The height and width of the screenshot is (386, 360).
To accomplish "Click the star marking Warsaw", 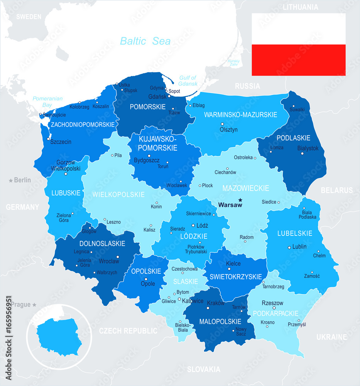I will click(x=240, y=200).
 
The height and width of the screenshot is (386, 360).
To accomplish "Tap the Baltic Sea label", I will click(x=145, y=41).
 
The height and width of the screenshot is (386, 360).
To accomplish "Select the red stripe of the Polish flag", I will click(x=298, y=60).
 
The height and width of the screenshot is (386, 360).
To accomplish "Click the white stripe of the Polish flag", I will click(x=298, y=29).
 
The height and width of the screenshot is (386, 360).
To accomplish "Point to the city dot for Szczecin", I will click(x=48, y=139).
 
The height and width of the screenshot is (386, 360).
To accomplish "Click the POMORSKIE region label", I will click(x=148, y=107).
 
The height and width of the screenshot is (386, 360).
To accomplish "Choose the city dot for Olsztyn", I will click(x=222, y=124).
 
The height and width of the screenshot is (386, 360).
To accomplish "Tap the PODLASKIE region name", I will click(x=293, y=138).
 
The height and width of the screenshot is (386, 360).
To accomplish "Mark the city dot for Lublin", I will click(x=289, y=247).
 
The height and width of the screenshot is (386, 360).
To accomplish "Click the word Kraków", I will click(x=216, y=303).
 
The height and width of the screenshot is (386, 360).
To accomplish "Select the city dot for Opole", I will click(x=146, y=279).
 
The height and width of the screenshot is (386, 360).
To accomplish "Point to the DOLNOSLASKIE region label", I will click(x=102, y=244).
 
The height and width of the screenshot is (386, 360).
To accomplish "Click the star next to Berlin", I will click(x=11, y=180).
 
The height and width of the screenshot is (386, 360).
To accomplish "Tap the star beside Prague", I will click(x=34, y=305).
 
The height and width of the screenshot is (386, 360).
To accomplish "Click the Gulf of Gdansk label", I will click(x=188, y=81).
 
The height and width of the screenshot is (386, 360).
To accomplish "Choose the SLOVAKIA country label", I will click(x=203, y=369).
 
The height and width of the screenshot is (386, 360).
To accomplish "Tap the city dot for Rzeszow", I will click(x=274, y=308).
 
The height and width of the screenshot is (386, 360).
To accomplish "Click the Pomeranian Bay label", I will click(x=47, y=102).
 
